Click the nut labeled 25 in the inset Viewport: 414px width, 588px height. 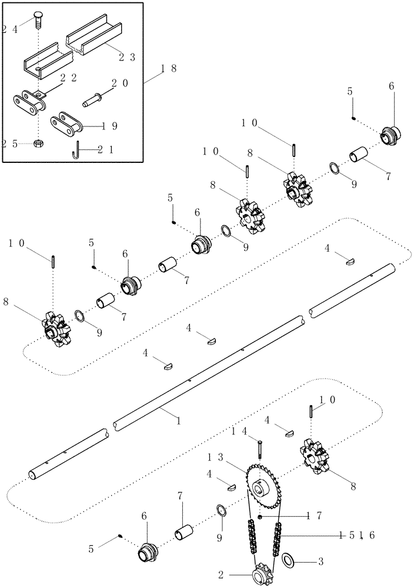38,143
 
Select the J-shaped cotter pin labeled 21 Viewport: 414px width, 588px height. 77,150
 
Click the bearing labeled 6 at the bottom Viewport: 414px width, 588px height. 147,553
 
